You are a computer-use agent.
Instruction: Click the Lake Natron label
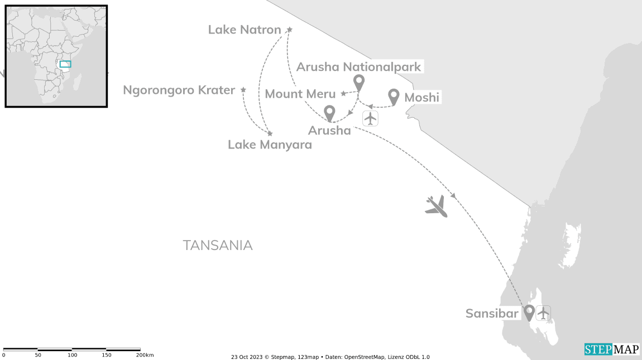pyautogui.click(x=245, y=30)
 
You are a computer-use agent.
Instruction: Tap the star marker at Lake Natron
pyautogui.click(x=290, y=30)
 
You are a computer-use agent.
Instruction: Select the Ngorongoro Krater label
pyautogui.click(x=179, y=90)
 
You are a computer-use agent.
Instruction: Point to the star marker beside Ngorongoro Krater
pyautogui.click(x=243, y=90)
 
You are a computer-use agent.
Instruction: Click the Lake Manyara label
pyautogui.click(x=270, y=145)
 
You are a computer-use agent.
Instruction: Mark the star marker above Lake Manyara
pyautogui.click(x=270, y=133)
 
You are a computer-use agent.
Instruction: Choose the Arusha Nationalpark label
pyautogui.click(x=358, y=67)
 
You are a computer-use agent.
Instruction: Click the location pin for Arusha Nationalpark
pyautogui.click(x=359, y=82)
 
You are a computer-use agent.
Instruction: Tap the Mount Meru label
pyautogui.click(x=300, y=94)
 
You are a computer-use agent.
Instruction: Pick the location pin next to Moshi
pyautogui.click(x=394, y=97)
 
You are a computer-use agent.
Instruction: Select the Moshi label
pyautogui.click(x=421, y=98)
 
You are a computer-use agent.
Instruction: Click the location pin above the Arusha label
pyautogui.click(x=329, y=113)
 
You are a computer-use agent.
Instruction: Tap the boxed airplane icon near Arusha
pyautogui.click(x=371, y=118)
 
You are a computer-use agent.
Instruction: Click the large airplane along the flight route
pyautogui.click(x=437, y=207)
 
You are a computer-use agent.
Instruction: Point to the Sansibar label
pyautogui.click(x=492, y=314)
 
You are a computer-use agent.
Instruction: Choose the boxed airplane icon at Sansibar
pyautogui.click(x=543, y=313)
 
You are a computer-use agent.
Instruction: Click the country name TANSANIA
pyautogui.click(x=217, y=246)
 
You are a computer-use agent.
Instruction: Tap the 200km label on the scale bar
pyautogui.click(x=145, y=355)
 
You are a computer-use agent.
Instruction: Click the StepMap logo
pyautogui.click(x=612, y=349)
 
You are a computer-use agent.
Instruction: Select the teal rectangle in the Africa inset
pyautogui.click(x=65, y=64)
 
